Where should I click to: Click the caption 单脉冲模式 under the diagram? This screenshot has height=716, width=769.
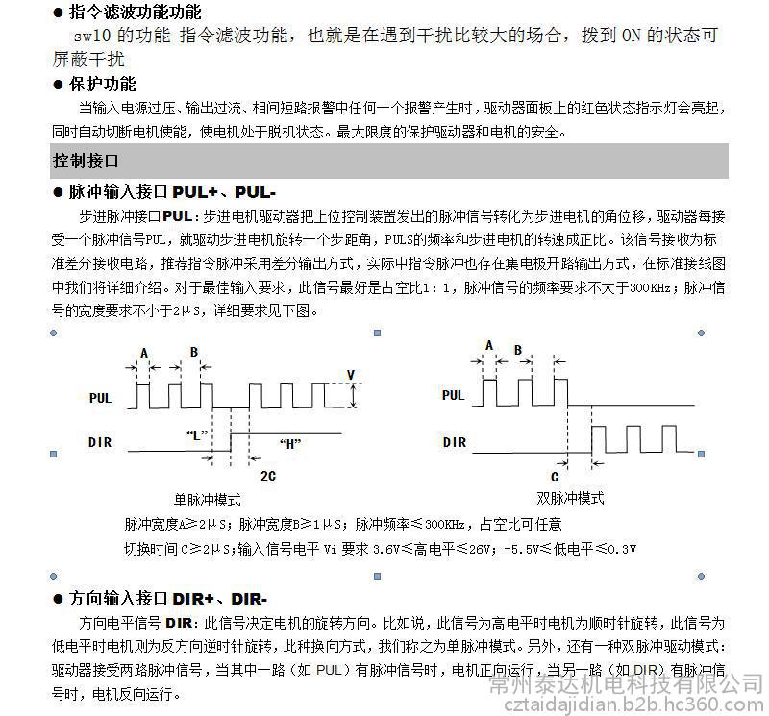(208, 500)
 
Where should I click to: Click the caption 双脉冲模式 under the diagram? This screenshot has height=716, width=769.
(571, 498)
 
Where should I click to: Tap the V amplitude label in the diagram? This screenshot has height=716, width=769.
(351, 375)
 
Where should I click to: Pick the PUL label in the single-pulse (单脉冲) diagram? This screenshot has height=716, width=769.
(101, 397)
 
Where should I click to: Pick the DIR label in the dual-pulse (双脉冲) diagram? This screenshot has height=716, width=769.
(455, 442)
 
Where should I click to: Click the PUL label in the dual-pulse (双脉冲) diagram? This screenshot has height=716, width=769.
(453, 395)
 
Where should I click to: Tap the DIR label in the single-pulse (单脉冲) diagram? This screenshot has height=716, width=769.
(100, 442)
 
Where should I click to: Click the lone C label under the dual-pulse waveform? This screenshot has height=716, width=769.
(555, 476)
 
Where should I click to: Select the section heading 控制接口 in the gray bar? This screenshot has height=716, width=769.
(87, 160)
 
